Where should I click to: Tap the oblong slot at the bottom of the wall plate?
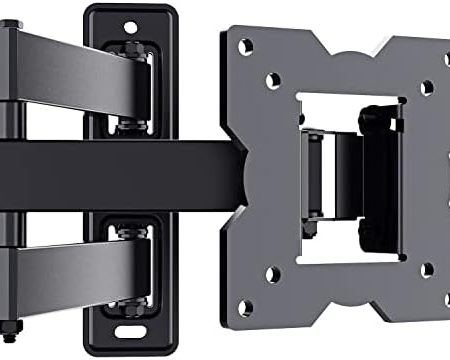pyautogui.click(x=130, y=333)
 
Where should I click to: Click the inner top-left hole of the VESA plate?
pyautogui.click(x=273, y=80)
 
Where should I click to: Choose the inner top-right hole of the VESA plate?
pyautogui.click(x=426, y=88)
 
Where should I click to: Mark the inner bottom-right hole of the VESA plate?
pyautogui.click(x=426, y=270)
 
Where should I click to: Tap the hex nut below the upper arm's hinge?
pyautogui.click(x=130, y=124)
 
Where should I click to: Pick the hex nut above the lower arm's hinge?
pyautogui.click(x=130, y=231)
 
